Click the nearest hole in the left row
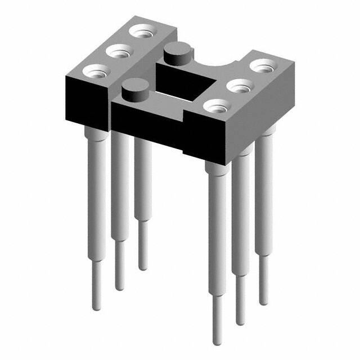pyautogui.click(x=95, y=71)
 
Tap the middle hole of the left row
pyautogui.click(x=118, y=52)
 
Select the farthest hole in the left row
pyautogui.click(x=140, y=33)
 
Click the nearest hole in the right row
pyautogui.click(x=216, y=106)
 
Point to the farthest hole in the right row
pyautogui.click(x=262, y=66)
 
